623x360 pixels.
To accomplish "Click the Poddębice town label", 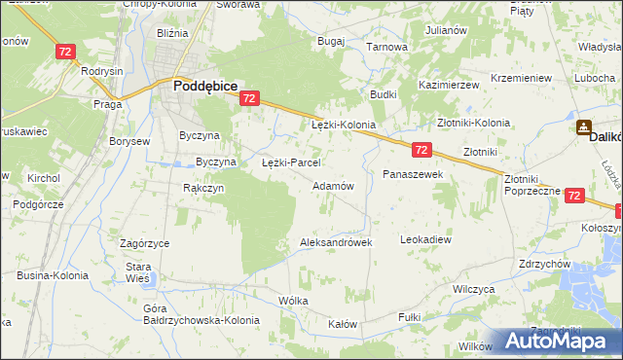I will coord(205,86).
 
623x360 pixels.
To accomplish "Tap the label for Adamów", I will coord(332,185).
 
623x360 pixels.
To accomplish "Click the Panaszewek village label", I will coord(413,174).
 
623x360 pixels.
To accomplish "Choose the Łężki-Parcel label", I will coord(292,162).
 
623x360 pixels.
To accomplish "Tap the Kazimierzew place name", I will coord(449,86).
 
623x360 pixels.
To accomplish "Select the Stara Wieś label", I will coord(137,271).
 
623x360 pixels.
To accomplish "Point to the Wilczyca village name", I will coord(475,290).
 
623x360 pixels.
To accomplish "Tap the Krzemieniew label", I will coord(522,78).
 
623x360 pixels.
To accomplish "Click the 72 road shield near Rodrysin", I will coord(66,52).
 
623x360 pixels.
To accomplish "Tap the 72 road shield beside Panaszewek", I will coord(421,150).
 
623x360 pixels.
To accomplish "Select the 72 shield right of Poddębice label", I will coord(250,98).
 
